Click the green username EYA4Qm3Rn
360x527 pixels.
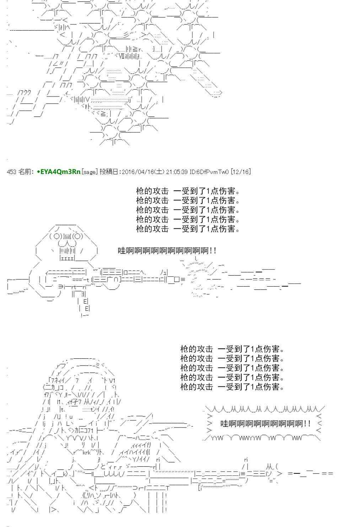tap(60, 172)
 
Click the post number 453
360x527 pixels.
tap(11, 172)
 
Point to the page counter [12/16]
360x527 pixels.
tap(241, 172)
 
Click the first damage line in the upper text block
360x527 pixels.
tap(188, 191)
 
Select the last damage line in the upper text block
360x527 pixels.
tap(188, 229)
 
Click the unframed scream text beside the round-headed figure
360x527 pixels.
tap(167, 251)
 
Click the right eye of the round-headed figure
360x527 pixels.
tap(79, 237)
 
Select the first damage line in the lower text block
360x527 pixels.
tap(232, 349)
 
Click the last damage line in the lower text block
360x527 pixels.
tap(232, 387)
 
